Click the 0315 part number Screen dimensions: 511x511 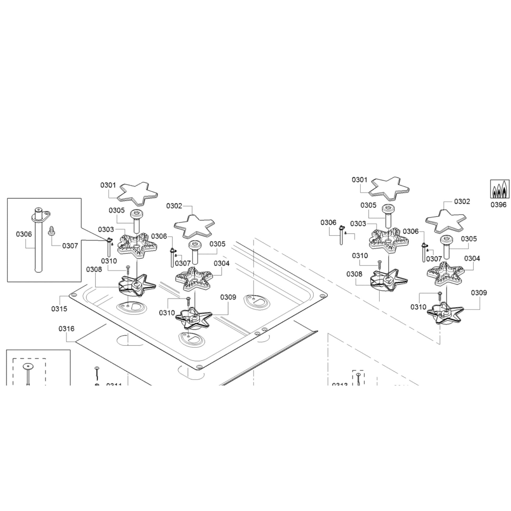point(59,309)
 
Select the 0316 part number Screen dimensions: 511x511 point(66,329)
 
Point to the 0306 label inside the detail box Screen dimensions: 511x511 point(24,234)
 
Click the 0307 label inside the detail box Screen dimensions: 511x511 point(70,246)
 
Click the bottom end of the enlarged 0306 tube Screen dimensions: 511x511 point(38,270)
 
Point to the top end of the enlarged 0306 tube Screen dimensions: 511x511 point(38,210)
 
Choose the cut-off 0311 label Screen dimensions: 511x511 point(114,384)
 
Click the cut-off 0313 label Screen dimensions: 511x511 point(340,384)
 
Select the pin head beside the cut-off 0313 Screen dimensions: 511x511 point(358,374)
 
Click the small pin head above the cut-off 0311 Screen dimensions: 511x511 point(97,368)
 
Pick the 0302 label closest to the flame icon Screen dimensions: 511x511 point(462,202)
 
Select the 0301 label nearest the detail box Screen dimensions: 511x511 point(108,185)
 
